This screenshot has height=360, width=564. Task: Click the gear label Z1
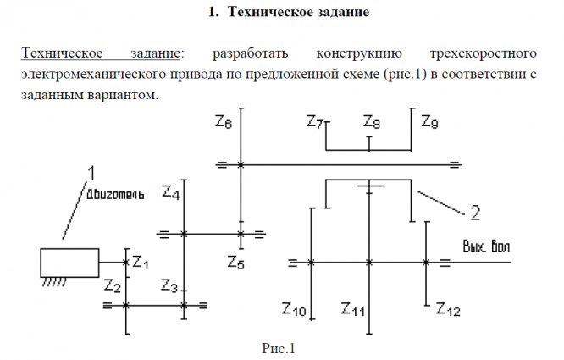tap(141, 262)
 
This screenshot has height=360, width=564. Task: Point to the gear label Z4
tap(170, 194)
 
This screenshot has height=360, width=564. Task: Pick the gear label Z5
tap(236, 262)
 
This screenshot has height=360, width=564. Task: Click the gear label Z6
tap(224, 124)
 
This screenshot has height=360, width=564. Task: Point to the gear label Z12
tap(448, 309)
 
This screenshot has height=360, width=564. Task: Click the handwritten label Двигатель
tap(114, 193)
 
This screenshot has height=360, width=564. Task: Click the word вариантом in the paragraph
tap(126, 94)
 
